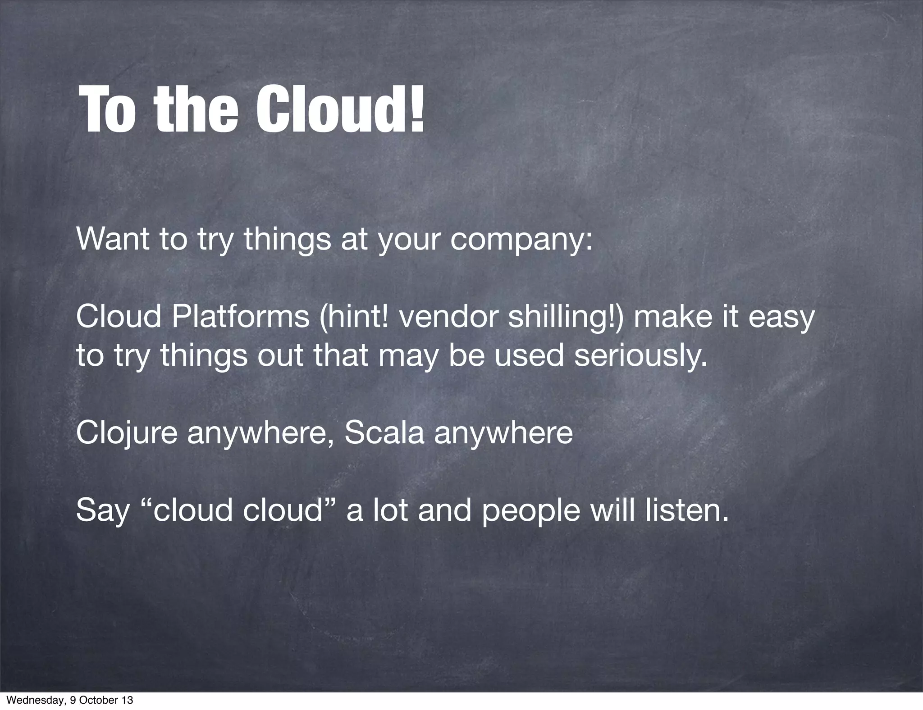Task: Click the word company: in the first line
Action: [x=522, y=241]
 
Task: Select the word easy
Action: [x=781, y=318]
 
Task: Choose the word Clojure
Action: [x=127, y=433]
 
